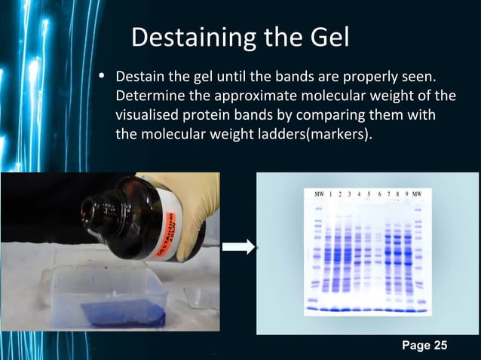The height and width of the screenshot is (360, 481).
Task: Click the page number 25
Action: click(439, 346)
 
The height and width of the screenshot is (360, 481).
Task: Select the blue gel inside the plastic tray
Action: click(125, 313)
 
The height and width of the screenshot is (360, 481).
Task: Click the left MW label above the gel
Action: click(319, 195)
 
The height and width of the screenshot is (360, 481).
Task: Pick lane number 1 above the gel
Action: click(331, 195)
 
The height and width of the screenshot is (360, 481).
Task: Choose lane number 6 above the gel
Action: click(379, 195)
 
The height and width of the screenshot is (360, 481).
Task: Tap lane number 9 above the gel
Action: click(407, 194)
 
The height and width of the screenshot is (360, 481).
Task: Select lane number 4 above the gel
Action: click(359, 195)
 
